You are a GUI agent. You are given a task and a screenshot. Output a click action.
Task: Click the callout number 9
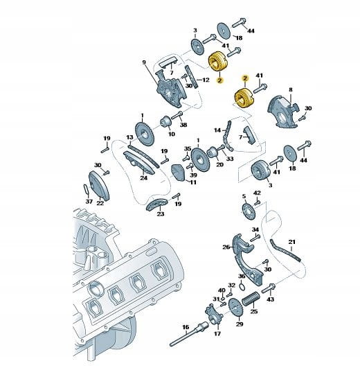144,62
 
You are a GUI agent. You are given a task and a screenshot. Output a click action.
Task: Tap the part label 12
206,80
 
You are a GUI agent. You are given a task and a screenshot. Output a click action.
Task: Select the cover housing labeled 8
283,112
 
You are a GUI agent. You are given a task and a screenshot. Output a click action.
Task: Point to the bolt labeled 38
177,116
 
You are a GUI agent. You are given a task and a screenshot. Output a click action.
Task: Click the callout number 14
218,130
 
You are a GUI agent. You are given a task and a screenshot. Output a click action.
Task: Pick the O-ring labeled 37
87,189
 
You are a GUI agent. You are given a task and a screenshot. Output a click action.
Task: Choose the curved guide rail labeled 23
156,204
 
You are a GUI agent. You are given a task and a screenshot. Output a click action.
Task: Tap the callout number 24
144,177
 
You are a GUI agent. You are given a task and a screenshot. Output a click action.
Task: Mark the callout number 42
257,193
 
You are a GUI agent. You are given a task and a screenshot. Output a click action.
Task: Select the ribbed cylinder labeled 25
250,299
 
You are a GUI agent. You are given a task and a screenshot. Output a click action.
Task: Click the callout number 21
292,242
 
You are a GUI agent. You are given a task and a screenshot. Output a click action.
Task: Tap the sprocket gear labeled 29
235,308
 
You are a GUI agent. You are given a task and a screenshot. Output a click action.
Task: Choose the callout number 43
271,299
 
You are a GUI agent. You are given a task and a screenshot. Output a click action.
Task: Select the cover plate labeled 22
99,186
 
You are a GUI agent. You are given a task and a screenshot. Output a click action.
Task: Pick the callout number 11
193,182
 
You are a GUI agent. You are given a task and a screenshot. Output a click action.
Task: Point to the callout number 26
226,247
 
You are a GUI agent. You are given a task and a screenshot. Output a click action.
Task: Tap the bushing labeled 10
166,122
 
